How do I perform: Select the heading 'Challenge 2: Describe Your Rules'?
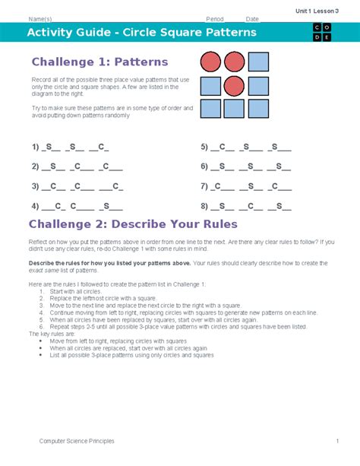click(133, 223)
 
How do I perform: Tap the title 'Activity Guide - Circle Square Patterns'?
click(142, 33)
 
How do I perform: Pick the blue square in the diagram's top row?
click(258, 62)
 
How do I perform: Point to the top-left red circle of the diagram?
click(210, 62)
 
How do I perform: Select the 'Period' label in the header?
click(215, 19)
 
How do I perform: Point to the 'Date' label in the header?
click(252, 19)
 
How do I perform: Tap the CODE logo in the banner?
click(321, 33)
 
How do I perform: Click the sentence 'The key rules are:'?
click(52, 333)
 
